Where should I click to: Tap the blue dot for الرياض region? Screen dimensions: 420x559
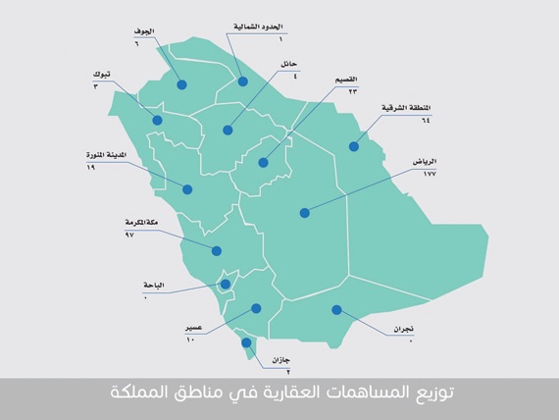(x=304, y=212)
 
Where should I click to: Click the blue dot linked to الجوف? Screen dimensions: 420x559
(x=182, y=85)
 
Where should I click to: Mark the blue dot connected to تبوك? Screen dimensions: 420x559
(x=157, y=120)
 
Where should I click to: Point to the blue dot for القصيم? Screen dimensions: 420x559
(x=263, y=163)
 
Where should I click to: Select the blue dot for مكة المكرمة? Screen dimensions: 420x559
(x=217, y=250)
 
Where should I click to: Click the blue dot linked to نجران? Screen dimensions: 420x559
(x=336, y=310)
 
